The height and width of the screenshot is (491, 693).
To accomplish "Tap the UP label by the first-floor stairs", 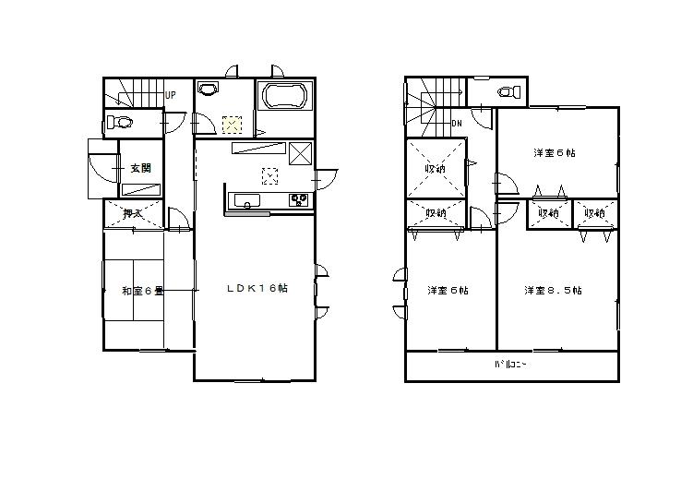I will point(171,94).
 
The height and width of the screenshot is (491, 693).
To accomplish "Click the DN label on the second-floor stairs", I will point(457,123).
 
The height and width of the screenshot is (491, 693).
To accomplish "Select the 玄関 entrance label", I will point(140,168).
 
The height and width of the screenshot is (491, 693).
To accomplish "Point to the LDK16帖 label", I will point(258,288).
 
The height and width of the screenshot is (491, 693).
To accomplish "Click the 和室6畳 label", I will point(142,291).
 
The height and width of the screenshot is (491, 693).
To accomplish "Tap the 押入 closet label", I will point(133,213).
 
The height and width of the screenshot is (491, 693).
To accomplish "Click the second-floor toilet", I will point(507,91).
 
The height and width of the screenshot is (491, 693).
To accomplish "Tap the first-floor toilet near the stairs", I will point(118,122).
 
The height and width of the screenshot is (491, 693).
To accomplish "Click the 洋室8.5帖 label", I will point(552,291).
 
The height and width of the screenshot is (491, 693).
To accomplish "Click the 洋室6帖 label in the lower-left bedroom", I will point(448,291).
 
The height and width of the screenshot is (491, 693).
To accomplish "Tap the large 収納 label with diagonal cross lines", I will point(436,169).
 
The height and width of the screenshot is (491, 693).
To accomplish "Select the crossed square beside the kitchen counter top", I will point(302,153).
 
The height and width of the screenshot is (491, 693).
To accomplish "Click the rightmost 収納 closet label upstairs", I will point(594,213).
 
